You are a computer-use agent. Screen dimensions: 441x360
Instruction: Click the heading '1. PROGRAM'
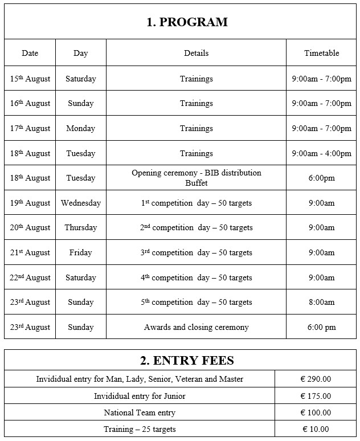187,22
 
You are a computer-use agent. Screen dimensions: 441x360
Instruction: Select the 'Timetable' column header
321,53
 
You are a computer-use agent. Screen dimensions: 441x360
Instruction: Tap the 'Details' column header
196,53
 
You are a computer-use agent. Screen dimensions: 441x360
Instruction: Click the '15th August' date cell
30,79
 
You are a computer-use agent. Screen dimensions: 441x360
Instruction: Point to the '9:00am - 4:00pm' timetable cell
321,153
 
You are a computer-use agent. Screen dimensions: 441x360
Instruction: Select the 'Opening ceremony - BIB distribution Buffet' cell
196,178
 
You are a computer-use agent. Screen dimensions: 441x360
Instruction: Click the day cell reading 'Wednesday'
80,203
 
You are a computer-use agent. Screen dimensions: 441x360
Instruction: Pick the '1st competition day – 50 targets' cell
196,203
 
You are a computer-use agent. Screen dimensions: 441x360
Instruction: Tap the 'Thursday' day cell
80,227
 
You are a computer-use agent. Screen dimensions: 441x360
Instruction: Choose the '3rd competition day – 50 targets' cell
196,252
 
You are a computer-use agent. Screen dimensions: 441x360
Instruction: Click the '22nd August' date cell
30,277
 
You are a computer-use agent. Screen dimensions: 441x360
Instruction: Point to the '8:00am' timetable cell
321,302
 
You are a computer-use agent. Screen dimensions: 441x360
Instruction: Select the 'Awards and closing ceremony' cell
196,327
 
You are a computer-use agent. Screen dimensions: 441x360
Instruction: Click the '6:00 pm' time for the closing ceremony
321,327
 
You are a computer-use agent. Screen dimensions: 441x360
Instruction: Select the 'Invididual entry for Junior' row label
140,396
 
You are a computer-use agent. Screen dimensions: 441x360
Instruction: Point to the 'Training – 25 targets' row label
140,429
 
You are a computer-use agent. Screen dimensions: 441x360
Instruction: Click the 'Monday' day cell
80,128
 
